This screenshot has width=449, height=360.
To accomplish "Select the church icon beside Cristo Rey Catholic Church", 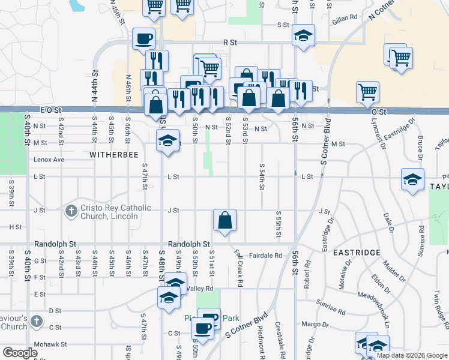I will (x=71, y=211).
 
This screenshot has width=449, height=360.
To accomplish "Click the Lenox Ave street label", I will (x=49, y=160).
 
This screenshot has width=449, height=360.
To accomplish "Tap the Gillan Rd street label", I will (x=346, y=18).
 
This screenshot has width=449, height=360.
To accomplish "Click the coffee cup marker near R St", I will (x=143, y=39).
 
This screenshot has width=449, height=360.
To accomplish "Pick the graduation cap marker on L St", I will (x=412, y=180).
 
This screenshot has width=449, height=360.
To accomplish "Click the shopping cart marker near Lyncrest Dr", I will (x=367, y=92).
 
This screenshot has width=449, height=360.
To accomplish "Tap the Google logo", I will (x=20, y=353).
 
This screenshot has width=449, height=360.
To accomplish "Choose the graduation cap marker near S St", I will (x=304, y=36).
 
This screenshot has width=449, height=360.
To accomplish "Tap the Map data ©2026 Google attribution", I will (x=412, y=355).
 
